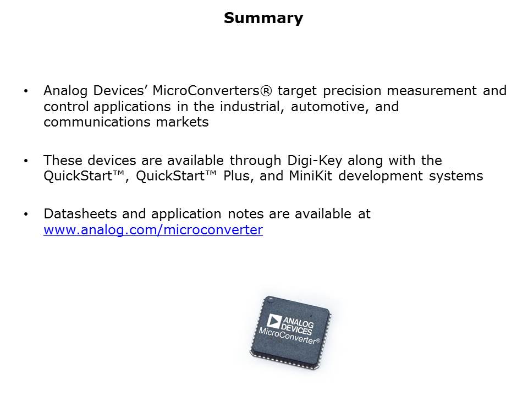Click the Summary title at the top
263,18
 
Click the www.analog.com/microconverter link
153,230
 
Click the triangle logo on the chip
274,322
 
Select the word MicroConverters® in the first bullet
208,91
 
